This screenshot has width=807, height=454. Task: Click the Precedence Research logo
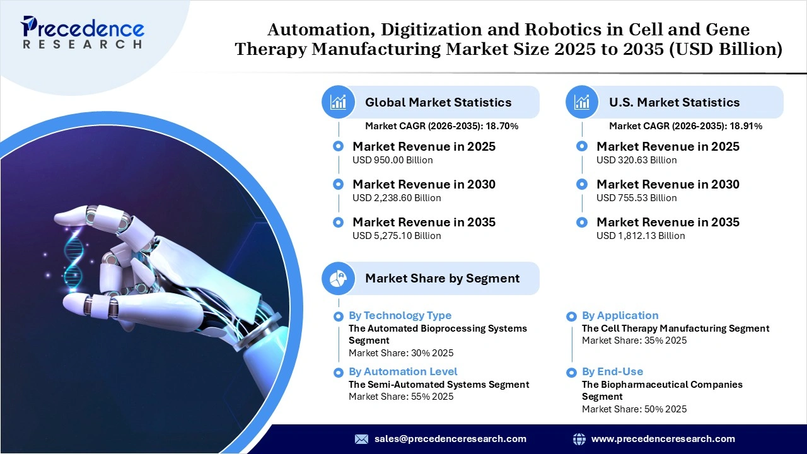click(x=83, y=32)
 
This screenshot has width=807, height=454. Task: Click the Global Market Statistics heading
click(x=438, y=102)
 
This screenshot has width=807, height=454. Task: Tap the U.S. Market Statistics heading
click(x=674, y=102)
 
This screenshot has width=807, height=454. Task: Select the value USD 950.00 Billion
click(x=392, y=160)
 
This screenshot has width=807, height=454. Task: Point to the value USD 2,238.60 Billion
click(x=397, y=198)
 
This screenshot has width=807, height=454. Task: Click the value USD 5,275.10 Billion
click(x=397, y=236)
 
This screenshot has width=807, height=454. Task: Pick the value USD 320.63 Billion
click(x=636, y=160)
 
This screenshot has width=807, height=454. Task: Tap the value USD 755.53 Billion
click(x=636, y=198)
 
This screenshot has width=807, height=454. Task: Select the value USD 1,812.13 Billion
click(x=641, y=236)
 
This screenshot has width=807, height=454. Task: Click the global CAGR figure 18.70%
click(x=503, y=126)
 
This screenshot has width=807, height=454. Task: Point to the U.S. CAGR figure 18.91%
click(x=747, y=126)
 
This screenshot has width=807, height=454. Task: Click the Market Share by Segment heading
click(x=442, y=278)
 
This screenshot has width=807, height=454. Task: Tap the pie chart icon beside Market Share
click(x=339, y=278)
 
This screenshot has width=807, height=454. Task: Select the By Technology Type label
click(x=400, y=315)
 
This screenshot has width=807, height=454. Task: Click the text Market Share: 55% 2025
click(x=401, y=397)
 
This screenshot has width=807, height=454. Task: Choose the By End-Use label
click(x=612, y=371)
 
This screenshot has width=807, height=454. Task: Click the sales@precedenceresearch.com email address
click(x=450, y=439)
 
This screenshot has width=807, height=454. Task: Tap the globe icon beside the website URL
click(x=579, y=439)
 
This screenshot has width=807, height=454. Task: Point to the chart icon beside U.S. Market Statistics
click(x=582, y=102)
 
